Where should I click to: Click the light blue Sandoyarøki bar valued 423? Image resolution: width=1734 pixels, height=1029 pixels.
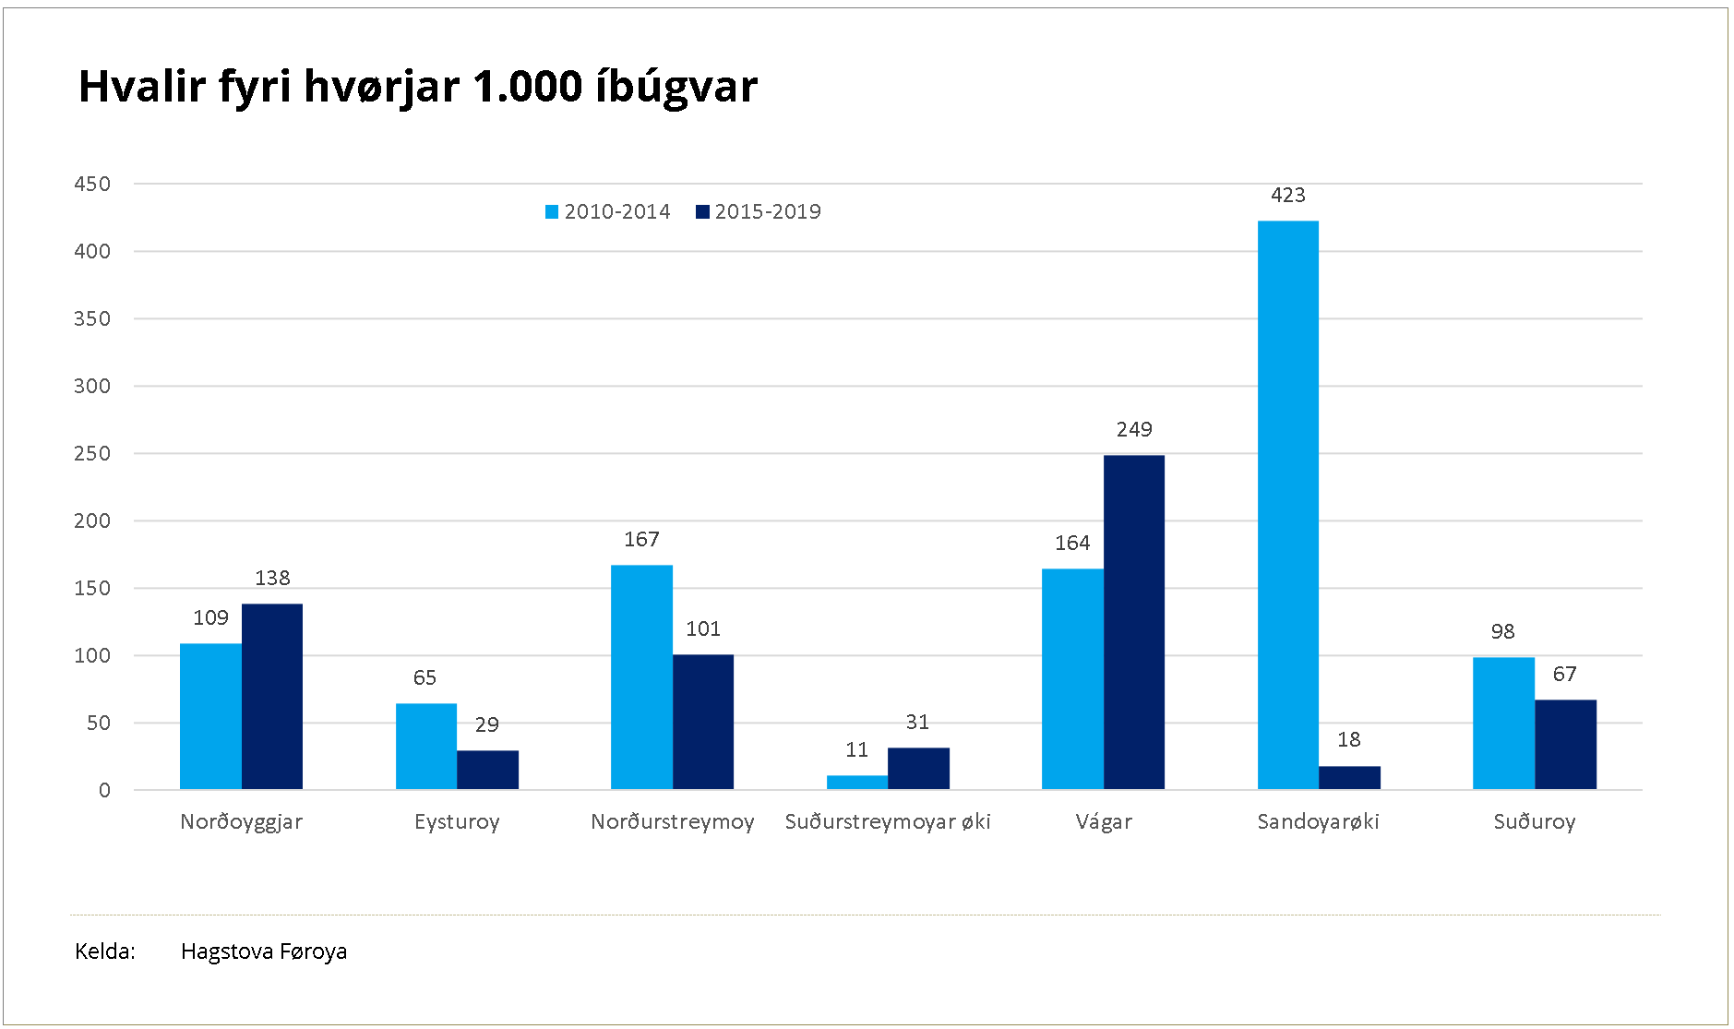tap(1287, 505)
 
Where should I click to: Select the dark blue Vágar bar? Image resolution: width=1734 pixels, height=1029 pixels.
tap(1133, 622)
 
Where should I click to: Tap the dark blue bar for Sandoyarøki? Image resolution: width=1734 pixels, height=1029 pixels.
tap(1349, 777)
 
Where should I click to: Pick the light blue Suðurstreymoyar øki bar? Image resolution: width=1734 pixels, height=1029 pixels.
tap(856, 782)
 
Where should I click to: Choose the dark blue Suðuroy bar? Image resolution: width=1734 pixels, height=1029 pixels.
tap(1565, 744)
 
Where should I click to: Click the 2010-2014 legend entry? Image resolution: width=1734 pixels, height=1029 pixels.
tap(608, 212)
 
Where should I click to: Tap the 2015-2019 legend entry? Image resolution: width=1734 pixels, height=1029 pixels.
tap(759, 212)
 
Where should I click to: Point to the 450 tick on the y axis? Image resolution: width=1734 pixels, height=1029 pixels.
tap(92, 184)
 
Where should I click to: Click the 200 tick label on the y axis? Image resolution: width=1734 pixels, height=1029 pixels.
tap(92, 520)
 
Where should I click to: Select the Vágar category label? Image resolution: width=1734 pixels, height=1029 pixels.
tap(1103, 821)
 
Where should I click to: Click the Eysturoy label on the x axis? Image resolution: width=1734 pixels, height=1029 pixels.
tap(457, 821)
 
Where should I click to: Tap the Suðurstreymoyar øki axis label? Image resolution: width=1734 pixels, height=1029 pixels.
tap(887, 821)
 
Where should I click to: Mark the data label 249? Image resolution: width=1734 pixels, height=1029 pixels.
tap(1133, 429)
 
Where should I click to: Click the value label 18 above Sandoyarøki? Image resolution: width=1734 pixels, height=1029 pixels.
tap(1348, 739)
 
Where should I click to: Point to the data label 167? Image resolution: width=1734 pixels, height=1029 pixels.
tap(641, 539)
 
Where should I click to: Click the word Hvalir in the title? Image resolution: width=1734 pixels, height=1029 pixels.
tap(141, 86)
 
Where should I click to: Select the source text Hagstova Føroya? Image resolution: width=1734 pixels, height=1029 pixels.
tap(264, 951)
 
